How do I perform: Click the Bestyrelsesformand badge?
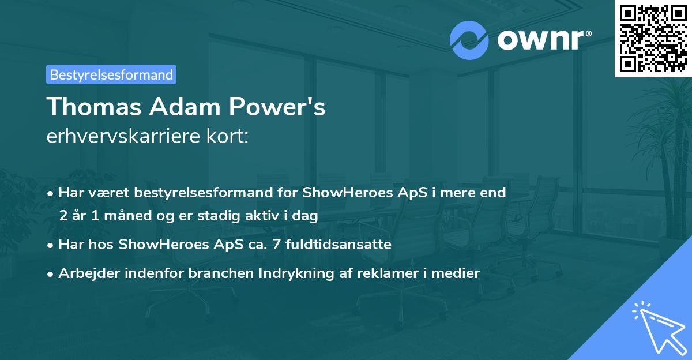point(111,74)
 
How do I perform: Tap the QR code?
point(653,38)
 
